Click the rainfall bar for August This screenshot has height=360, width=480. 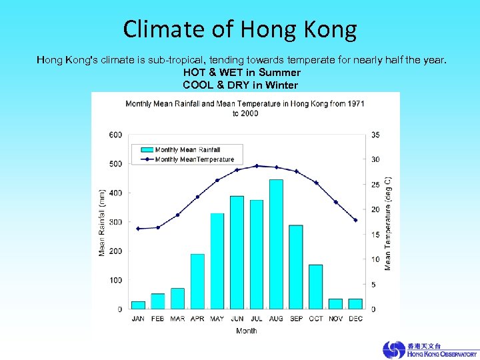pos(276,244)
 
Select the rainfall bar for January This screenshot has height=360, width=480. pos(138,305)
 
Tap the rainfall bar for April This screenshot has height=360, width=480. pos(197,281)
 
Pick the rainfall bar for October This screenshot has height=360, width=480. pos(316,287)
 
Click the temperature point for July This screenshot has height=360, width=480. pos(257,166)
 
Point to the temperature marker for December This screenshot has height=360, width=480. pos(355,220)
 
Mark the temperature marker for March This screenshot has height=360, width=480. pos(177,215)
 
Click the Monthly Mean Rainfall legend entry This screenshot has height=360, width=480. pos(187,150)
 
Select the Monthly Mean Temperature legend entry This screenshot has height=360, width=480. pos(194,159)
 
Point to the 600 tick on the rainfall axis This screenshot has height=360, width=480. pos(115,135)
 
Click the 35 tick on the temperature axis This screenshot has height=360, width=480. pos(375,135)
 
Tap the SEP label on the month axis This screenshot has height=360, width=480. pos(296,319)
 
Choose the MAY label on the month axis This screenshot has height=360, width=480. pos(217,319)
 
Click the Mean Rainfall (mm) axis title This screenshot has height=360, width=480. pos(102,221)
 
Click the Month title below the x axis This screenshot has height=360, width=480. pos(246,331)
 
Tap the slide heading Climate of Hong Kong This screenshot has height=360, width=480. pos(240,29)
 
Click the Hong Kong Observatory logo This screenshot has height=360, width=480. pos(429,349)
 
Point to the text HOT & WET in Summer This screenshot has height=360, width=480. pos(241,72)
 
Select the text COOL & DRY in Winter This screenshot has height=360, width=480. pos(240,85)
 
